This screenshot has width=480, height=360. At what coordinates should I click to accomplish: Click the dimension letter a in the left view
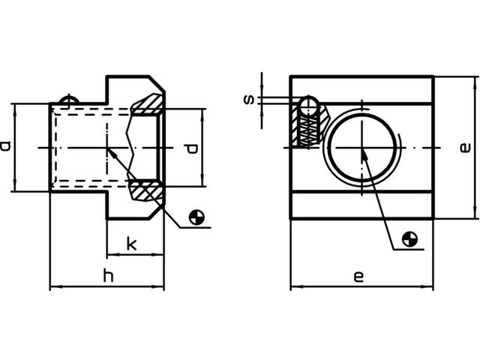(x=5, y=146)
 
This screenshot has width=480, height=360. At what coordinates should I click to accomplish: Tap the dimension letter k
(x=132, y=244)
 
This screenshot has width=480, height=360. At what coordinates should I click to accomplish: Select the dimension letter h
(x=108, y=275)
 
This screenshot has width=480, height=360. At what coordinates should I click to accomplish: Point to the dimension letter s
(x=249, y=100)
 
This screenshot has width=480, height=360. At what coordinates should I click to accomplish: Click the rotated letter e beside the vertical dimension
(x=465, y=148)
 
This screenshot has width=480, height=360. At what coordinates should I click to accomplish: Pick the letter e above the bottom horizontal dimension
(x=358, y=277)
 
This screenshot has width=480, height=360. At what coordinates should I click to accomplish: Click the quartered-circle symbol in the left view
(x=196, y=217)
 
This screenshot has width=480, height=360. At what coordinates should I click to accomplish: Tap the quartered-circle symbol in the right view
(x=409, y=239)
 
